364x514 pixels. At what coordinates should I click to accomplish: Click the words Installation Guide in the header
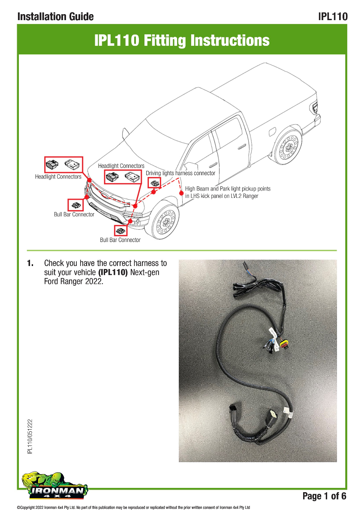coord(55,17)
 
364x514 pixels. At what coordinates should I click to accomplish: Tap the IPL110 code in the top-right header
coord(332,17)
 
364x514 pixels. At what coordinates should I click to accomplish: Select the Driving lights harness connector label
coord(180,173)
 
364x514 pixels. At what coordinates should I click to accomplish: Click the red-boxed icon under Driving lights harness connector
coord(154,183)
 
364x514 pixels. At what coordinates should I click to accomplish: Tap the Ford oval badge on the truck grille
coord(105,194)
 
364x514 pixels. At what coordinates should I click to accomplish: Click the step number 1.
coord(30,263)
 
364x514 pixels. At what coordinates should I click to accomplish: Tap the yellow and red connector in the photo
coord(285,344)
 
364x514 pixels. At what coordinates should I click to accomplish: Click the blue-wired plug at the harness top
coord(246,267)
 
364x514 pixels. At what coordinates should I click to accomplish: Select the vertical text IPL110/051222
coord(30,436)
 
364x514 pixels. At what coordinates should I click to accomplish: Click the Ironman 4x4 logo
coord(55,487)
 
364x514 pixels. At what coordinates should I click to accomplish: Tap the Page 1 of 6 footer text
coord(324,496)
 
